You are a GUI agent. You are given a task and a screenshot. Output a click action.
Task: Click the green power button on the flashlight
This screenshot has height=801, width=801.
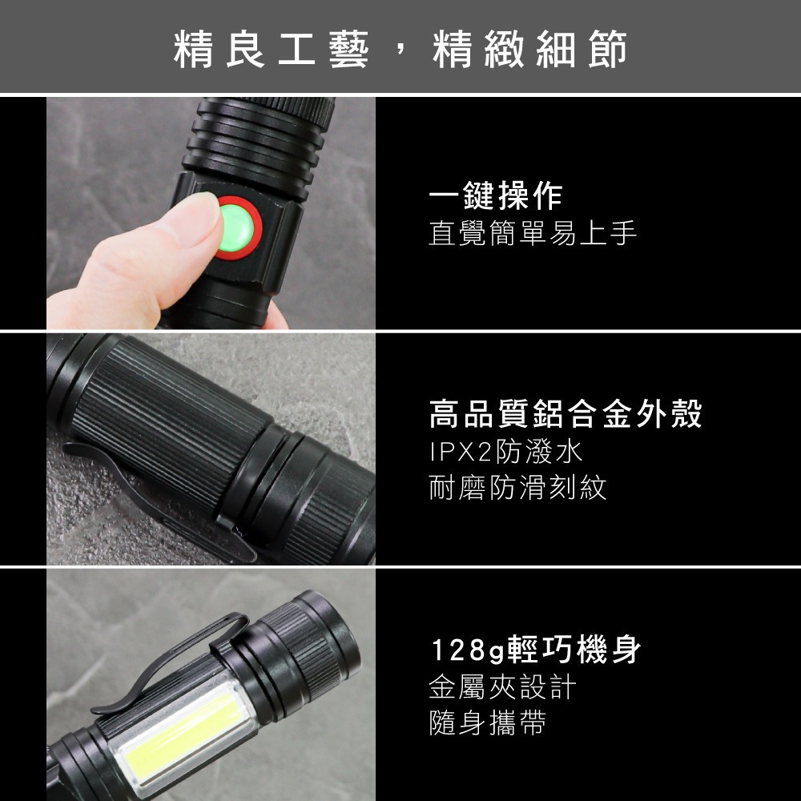[x=239, y=228]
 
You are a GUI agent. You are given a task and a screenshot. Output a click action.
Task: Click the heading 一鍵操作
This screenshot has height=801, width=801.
[x=495, y=195]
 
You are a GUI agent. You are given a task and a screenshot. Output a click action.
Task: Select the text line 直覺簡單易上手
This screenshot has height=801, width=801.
[x=533, y=234]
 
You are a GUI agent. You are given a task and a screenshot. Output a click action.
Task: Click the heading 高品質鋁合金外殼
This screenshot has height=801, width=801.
[x=566, y=415]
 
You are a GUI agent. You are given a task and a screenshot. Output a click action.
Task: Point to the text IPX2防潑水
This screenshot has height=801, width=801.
[x=505, y=453]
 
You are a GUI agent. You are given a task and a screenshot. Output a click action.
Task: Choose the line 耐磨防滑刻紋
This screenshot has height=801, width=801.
[x=517, y=488]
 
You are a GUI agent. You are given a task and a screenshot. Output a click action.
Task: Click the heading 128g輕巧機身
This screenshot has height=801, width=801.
[x=535, y=650]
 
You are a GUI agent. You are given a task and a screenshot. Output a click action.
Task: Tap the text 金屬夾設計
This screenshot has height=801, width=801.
[x=502, y=687]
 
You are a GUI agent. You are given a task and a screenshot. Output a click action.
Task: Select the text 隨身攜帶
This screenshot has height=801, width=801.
[x=487, y=723]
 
